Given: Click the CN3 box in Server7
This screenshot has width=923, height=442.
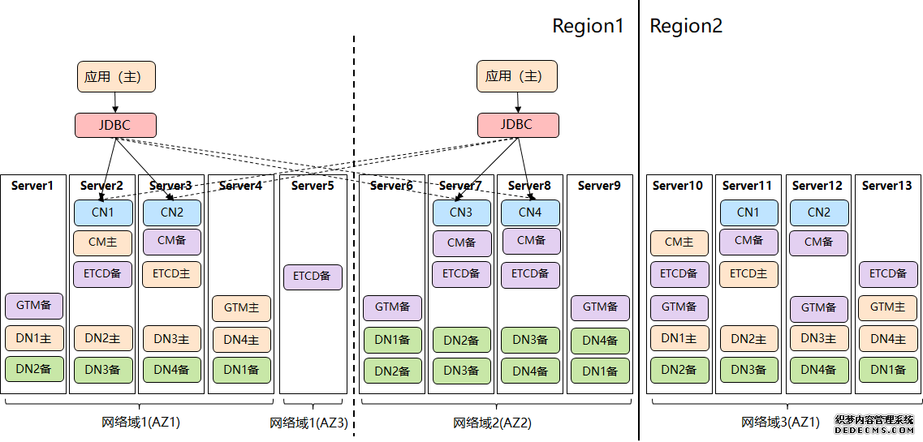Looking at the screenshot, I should point(461,212).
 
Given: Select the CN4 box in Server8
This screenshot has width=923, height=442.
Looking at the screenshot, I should point(530,212).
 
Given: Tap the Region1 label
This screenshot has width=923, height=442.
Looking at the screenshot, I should point(588,26).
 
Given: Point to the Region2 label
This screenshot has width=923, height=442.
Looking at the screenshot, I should point(686,26).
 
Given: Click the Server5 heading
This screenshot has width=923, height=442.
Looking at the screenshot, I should point(313,186).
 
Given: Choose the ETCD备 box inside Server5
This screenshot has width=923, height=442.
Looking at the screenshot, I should point(313,277).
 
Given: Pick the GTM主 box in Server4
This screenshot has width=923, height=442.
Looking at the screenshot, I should point(241,308).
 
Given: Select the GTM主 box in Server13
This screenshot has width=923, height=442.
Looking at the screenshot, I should point(888,307).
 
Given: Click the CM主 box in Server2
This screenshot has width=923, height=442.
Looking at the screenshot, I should point(102,242).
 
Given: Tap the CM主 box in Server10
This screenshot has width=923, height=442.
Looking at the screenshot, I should point(679,242).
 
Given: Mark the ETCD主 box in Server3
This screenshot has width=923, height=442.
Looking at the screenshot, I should point(171,274).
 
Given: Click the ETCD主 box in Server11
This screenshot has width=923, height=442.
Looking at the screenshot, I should point(748,274).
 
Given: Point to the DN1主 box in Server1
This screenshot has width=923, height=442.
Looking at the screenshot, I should point(33,338).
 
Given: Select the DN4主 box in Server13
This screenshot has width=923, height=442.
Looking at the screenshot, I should point(888,338).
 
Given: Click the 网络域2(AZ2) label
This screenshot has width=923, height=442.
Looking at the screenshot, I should point(492,423).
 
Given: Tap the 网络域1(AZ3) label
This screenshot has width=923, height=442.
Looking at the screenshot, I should point(308,423).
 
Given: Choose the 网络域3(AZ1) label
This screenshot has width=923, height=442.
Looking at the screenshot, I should point(780,422).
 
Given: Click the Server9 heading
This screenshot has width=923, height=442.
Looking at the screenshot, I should point(599,186).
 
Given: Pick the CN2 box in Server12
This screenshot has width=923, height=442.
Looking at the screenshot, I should point(819,212).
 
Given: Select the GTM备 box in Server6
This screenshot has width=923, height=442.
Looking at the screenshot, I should point(392,307).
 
